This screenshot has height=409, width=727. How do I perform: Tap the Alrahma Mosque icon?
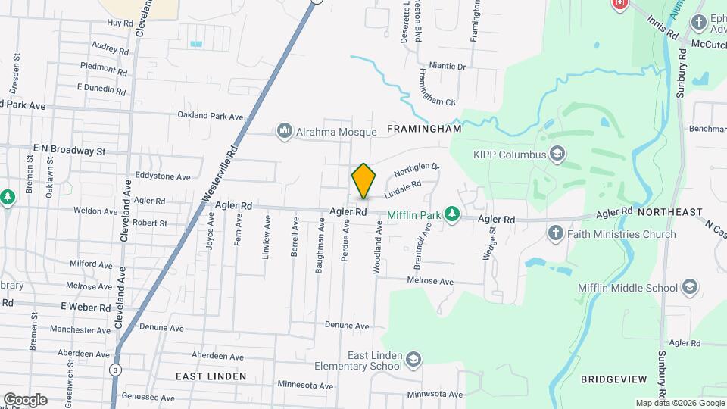pos(285,132)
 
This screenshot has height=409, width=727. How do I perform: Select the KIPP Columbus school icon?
pos(558,155)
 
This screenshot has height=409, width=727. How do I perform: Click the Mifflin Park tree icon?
pos(452,215)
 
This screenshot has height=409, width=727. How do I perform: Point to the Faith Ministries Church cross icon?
pos(555,234)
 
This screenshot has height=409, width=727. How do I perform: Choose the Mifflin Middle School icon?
pos(689,287)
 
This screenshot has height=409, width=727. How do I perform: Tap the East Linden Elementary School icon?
pos(413,358)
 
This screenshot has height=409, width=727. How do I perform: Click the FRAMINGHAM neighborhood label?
pos(424,130)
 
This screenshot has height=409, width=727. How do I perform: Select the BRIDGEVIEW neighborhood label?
pos(613,378)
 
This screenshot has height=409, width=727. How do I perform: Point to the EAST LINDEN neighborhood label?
pos(211,376)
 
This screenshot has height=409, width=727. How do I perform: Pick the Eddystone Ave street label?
pos(163,176)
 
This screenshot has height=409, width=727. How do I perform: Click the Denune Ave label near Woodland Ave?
pos(347,326)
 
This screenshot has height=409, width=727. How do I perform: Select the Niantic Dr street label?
pos(447,67)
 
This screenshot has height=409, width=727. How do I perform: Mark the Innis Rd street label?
pos(662,30)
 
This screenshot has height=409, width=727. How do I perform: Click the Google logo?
pos(25,399)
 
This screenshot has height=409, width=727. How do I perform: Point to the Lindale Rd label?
pos(402,190)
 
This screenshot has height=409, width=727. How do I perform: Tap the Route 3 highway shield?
pos(114,370)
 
